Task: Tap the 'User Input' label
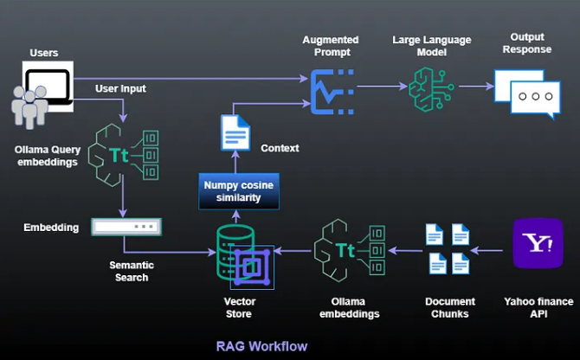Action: tap(120, 88)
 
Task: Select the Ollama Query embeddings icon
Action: tap(126, 155)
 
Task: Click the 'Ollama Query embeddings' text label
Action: tap(48, 155)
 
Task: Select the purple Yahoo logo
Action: tap(538, 243)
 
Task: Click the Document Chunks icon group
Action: tap(448, 249)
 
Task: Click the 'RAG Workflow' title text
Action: tap(261, 346)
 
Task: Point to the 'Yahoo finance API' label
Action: tap(538, 307)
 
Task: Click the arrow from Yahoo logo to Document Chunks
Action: tap(489, 251)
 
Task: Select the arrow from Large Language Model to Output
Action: tap(474, 87)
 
